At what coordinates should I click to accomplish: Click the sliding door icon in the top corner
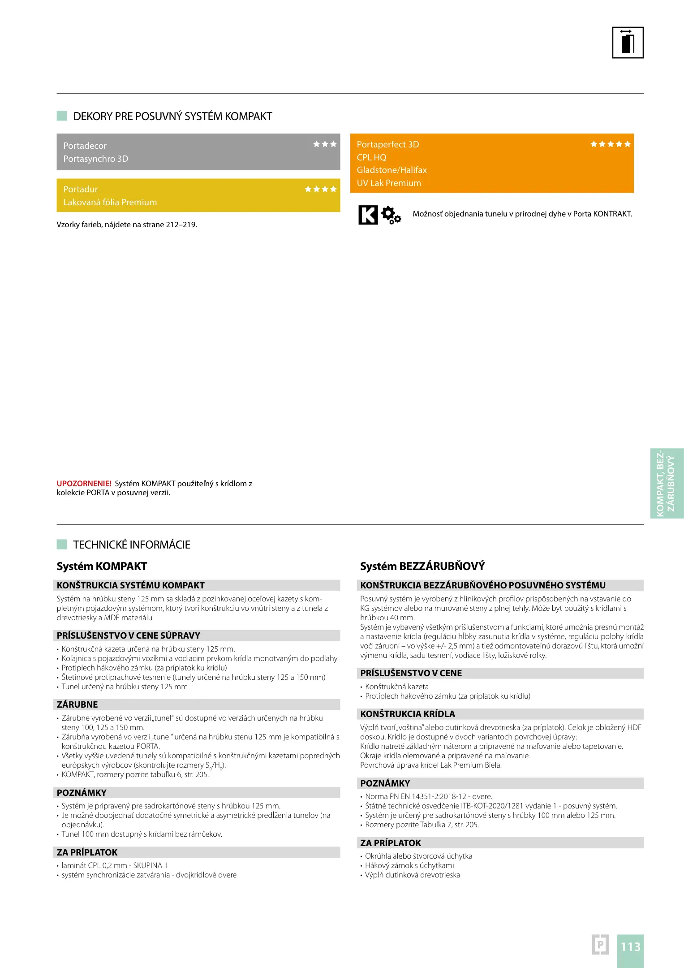628,43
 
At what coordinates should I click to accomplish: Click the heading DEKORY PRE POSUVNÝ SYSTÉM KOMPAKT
172,117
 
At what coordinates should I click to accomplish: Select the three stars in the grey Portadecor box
325,144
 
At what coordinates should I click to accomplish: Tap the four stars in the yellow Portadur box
321,189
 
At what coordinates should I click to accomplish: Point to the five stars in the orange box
610,144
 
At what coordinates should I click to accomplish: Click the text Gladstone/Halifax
391,170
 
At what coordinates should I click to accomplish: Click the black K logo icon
368,215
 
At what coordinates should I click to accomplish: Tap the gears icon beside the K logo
391,215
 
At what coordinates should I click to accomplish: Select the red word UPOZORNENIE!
84,484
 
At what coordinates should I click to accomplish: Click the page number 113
630,946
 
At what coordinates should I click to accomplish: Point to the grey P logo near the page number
600,945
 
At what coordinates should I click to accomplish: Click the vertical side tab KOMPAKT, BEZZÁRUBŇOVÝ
666,483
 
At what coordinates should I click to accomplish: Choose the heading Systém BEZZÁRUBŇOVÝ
422,566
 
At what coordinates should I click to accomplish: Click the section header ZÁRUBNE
77,704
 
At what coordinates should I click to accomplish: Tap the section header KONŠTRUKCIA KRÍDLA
407,714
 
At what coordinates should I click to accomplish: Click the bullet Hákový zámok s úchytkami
409,865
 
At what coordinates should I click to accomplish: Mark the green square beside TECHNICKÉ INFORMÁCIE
62,544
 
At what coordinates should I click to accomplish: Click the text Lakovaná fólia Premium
110,203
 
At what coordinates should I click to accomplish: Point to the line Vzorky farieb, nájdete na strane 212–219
127,225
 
